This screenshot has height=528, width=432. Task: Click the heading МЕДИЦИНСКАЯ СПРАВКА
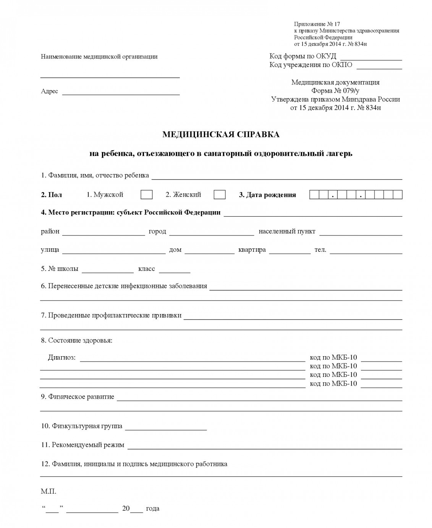(221, 134)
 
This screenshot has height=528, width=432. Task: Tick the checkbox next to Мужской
(146, 194)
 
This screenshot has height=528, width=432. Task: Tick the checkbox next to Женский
(219, 194)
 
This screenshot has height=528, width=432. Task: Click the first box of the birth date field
(314, 194)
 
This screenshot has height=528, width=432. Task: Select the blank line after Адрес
(121, 93)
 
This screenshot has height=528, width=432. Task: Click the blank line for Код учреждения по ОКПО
(379, 67)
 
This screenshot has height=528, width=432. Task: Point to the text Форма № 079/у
(335, 91)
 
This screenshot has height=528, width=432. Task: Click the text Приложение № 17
(317, 24)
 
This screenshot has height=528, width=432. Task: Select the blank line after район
(104, 233)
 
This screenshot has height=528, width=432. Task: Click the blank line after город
(211, 233)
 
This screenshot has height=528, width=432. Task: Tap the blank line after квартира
(290, 252)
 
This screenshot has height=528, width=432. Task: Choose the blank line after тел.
(366, 252)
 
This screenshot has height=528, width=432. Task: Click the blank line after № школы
(108, 271)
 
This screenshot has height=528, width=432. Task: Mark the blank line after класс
(174, 271)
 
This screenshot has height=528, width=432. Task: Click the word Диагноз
(61, 358)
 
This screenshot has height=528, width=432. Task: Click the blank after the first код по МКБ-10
(381, 360)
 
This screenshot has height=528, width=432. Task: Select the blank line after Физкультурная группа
(166, 428)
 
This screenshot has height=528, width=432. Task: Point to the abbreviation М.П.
(49, 491)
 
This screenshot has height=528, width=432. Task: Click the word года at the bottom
(152, 508)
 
